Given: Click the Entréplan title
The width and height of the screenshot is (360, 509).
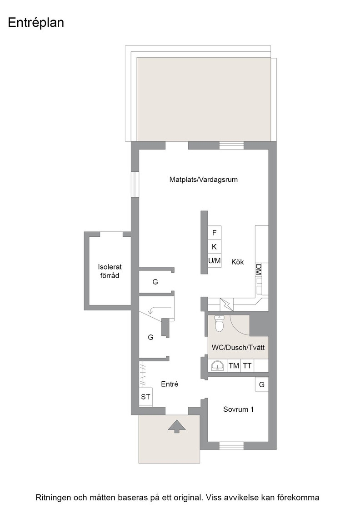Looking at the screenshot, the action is point(36,23).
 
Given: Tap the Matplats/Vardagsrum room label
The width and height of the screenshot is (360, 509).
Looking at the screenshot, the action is point(204,180).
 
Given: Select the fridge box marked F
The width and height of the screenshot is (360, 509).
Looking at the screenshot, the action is point(214,233).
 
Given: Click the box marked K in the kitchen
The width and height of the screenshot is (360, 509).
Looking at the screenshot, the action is point(214,247).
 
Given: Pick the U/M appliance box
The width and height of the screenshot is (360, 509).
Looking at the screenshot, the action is point(214,261).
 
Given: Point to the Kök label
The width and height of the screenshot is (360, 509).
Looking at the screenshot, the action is point(238,262).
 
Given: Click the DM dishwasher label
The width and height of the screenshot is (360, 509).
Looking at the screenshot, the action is point(258,269).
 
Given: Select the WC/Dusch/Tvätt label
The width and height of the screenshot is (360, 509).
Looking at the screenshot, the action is point(238,347).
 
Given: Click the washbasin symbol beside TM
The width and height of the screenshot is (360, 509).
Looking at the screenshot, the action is point(217,366).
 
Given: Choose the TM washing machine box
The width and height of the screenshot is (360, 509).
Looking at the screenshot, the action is point(234,366).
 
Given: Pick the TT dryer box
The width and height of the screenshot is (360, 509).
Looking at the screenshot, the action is point(247,366).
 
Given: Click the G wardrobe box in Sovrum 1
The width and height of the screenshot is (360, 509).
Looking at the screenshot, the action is point(262,384).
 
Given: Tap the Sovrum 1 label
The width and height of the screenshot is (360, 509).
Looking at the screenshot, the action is point(239,409).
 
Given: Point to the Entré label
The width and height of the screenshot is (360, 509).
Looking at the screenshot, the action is point(170,384).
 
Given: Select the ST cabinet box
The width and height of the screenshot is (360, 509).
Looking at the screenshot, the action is point(145,397).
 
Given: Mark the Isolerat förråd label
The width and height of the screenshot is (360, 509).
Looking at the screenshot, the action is point(110,271).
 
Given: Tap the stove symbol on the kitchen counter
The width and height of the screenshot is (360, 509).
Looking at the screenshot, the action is point(227,304).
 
